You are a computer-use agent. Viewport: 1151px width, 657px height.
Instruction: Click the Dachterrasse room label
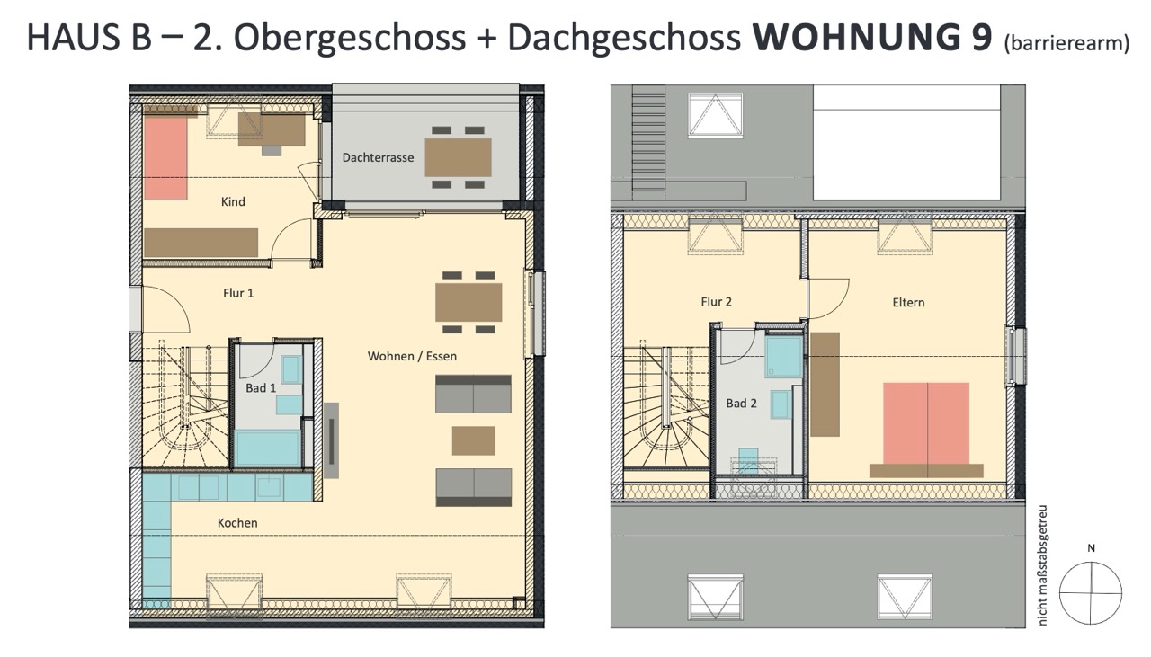[378, 157]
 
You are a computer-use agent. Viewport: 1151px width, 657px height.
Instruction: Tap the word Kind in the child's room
[233, 202]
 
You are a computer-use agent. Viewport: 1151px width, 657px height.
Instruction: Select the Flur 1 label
[238, 293]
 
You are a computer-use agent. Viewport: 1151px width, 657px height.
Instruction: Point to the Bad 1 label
[261, 388]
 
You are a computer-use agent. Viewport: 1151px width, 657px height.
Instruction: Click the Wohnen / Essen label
[412, 357]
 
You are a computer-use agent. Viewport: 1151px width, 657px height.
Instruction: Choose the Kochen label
[237, 523]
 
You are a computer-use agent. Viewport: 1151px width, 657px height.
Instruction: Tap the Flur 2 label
[716, 302]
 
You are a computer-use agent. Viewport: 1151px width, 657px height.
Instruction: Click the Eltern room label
[908, 303]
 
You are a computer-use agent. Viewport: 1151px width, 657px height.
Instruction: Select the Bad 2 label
[741, 404]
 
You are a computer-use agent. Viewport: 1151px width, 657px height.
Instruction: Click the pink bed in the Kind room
[165, 158]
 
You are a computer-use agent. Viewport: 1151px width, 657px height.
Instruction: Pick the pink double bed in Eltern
[926, 424]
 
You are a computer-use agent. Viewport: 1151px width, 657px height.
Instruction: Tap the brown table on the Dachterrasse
[458, 157]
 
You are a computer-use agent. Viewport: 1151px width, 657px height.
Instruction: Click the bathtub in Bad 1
[267, 448]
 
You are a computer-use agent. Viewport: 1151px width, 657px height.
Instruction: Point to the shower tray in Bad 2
[784, 357]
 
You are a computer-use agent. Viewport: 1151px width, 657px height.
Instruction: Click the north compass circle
[1091, 593]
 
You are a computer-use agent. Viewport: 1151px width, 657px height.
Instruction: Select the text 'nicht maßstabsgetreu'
[1043, 565]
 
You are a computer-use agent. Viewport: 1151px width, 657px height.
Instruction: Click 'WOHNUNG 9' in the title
[872, 37]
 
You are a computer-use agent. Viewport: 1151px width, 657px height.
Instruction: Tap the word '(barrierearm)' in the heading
[1066, 43]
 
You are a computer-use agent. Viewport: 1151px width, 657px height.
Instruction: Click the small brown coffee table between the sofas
[473, 440]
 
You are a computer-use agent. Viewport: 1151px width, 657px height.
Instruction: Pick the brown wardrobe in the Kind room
[201, 243]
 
